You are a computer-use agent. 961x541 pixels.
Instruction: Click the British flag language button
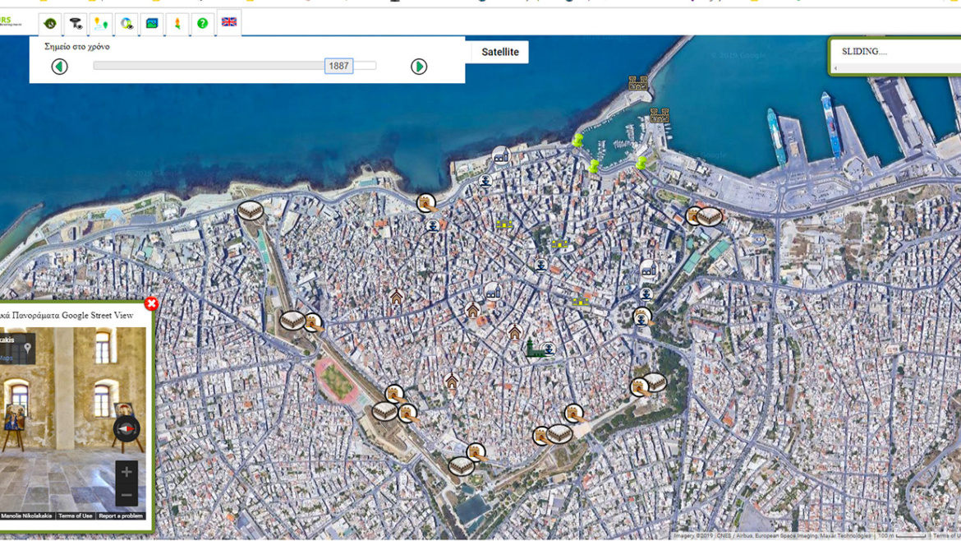(229, 22)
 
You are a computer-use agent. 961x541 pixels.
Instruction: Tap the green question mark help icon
(203, 23)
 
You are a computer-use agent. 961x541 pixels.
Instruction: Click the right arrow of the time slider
(419, 67)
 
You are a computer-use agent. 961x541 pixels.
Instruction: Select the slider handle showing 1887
(338, 66)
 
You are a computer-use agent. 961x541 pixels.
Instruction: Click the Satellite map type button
(499, 52)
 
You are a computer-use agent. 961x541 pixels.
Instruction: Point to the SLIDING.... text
(864, 51)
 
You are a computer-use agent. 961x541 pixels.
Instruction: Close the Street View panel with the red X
(151, 303)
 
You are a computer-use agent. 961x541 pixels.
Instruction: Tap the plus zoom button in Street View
(126, 472)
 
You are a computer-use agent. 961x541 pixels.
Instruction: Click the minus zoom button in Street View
(126, 494)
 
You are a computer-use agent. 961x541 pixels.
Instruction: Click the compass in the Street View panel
(126, 429)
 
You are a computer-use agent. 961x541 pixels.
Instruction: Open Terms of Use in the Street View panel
(76, 516)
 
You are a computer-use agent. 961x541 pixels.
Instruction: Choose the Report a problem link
(121, 516)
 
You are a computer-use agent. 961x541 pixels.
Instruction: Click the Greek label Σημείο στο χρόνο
(77, 47)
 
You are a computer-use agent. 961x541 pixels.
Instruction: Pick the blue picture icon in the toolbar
(152, 23)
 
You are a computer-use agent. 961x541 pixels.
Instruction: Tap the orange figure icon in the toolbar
(177, 23)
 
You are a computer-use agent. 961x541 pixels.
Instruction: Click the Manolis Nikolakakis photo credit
(26, 516)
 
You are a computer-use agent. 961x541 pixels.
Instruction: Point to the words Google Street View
(102, 315)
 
